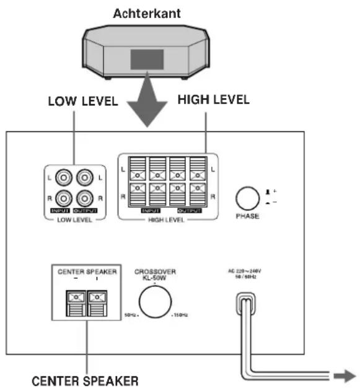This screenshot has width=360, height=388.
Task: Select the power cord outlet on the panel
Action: (244, 304)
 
